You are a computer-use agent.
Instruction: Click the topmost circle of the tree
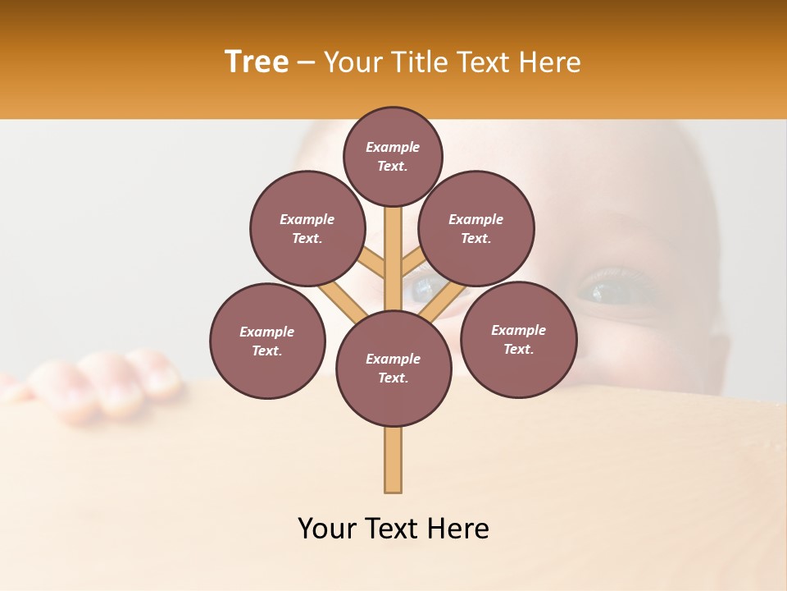393,156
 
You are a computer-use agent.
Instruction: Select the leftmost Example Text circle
267,341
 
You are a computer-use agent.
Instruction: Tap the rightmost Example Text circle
518,339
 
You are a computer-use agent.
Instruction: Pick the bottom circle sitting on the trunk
393,368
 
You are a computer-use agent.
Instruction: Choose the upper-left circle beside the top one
307,228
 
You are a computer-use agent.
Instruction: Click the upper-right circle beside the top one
475,228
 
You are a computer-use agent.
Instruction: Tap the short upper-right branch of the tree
415,262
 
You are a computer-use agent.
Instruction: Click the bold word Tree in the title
257,62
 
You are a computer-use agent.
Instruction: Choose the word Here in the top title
550,62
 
